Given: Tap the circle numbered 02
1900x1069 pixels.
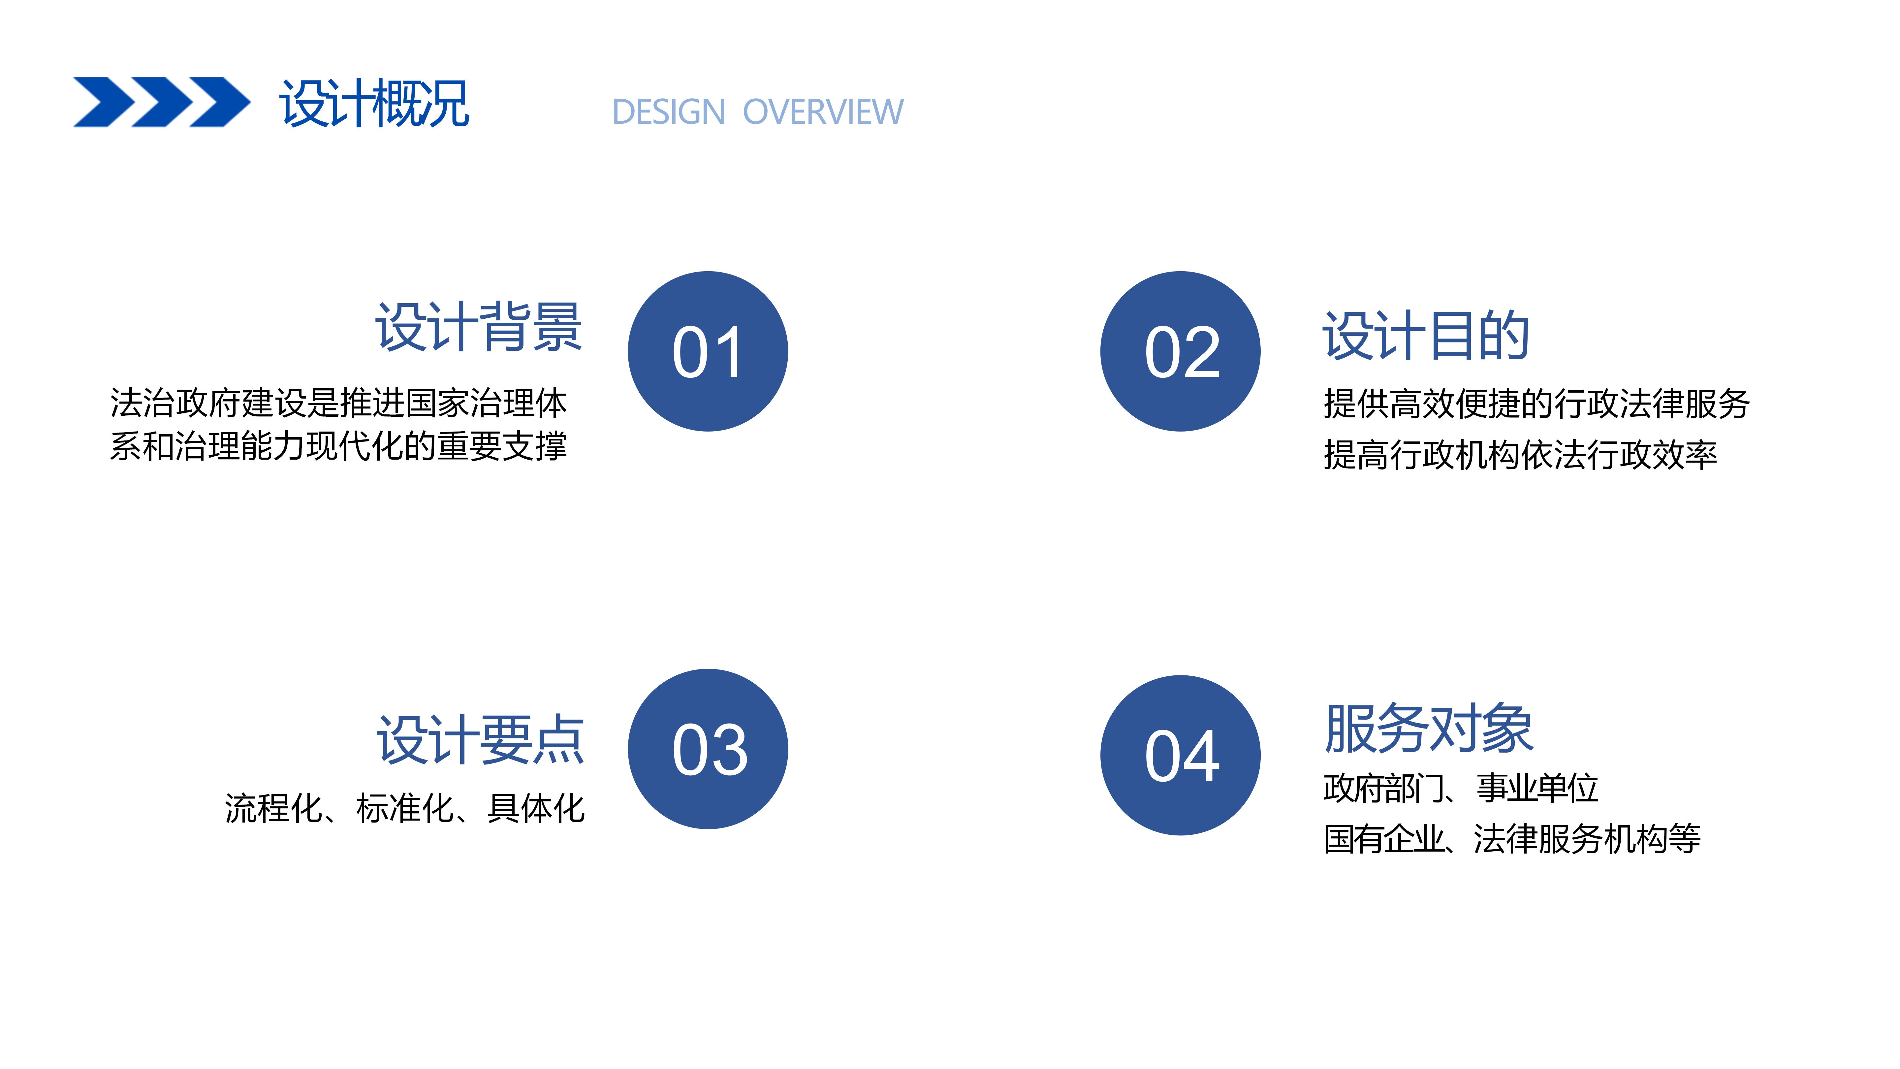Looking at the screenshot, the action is (x=1180, y=351).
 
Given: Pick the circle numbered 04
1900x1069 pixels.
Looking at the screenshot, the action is (x=1180, y=756).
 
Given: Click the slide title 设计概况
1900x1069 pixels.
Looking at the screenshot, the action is (x=374, y=103).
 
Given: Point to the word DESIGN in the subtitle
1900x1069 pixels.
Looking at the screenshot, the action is (x=669, y=112).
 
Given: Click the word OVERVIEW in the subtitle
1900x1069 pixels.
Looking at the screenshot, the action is (x=822, y=112).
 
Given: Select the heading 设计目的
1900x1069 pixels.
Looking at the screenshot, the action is (x=1426, y=336).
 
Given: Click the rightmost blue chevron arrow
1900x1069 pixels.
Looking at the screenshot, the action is (x=220, y=102).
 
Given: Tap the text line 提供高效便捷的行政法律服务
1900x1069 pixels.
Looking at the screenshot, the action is (x=1536, y=404).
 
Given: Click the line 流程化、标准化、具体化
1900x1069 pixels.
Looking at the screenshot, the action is (x=405, y=808).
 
